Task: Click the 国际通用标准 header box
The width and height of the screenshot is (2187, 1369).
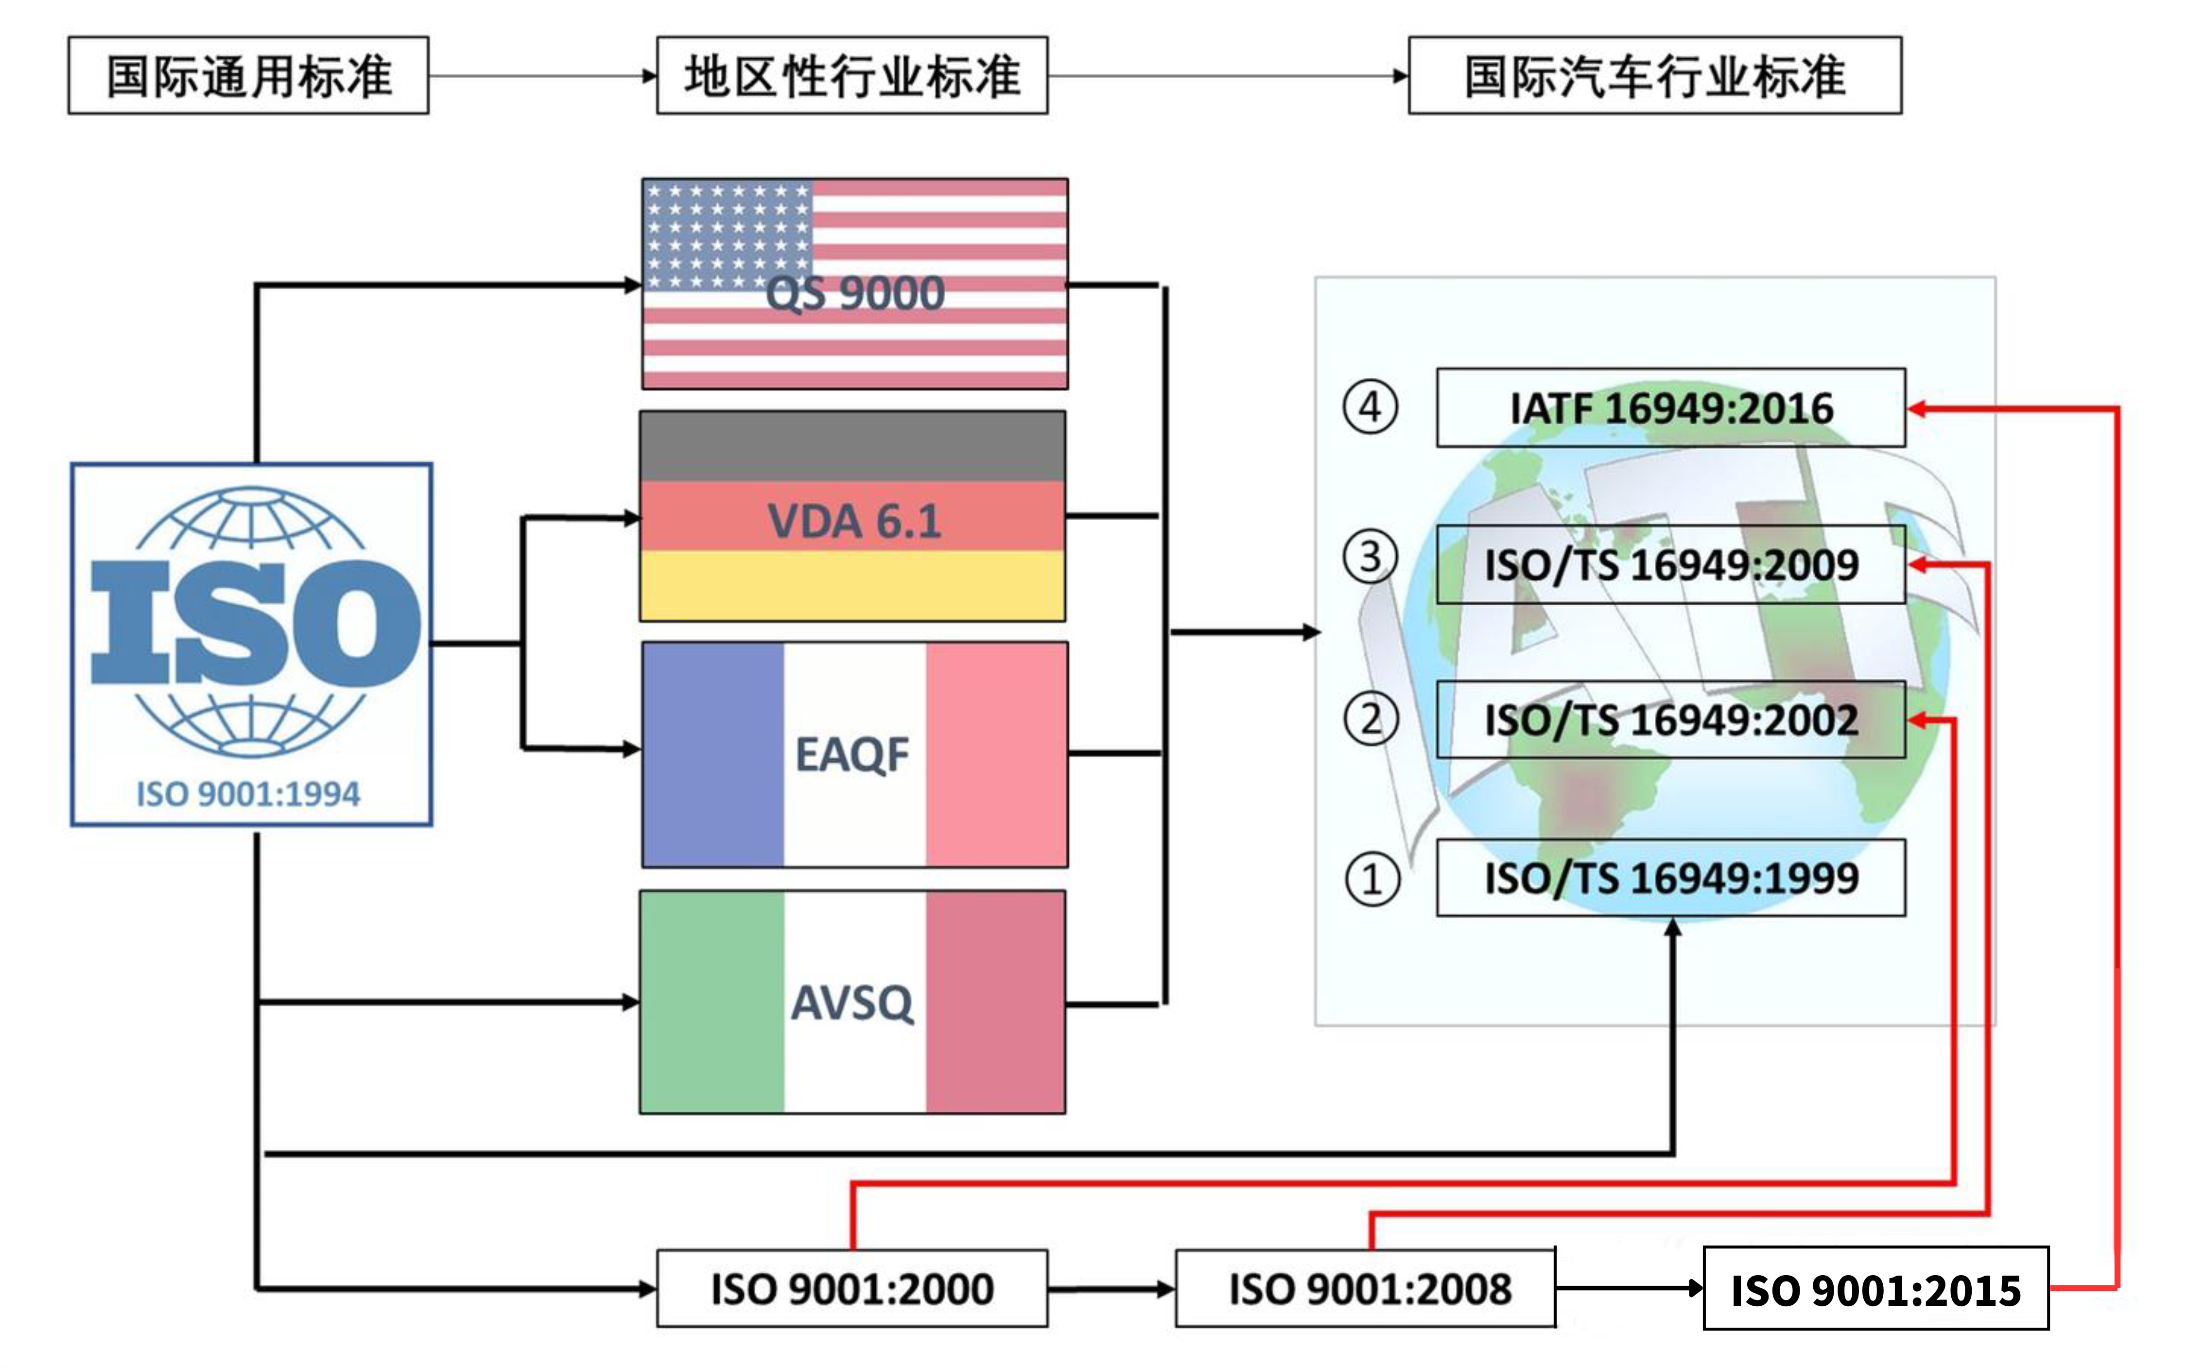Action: coord(248,75)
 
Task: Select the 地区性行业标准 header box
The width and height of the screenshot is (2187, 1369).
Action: coord(852,75)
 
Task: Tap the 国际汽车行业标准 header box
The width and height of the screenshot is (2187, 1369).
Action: coord(1655,75)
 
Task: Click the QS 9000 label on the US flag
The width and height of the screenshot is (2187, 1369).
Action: coord(854,293)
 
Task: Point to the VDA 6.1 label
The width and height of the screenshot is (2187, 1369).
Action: coord(854,522)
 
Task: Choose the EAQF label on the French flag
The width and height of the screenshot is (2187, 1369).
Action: coord(852,754)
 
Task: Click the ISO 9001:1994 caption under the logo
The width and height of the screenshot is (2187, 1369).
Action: coord(248,794)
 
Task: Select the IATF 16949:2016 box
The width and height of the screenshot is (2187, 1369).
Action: coord(1671,407)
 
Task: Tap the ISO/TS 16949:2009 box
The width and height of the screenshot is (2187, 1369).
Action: coord(1671,564)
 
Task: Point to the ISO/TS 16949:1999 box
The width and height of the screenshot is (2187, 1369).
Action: coord(1671,878)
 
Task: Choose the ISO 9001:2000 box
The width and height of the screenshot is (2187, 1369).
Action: coord(852,1288)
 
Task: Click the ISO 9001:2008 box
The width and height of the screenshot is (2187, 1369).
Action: coord(1370,1288)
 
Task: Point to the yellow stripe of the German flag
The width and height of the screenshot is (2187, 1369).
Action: coord(852,586)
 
